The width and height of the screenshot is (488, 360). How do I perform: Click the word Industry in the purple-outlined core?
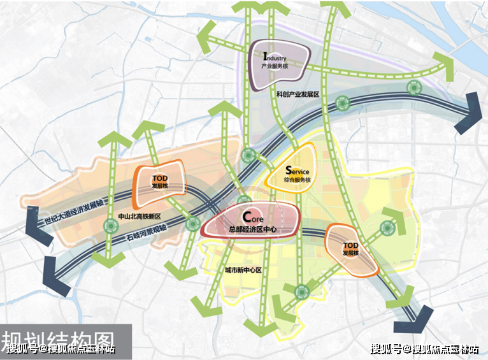pos(278,58)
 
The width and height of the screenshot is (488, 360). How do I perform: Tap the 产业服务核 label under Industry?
pos(277,67)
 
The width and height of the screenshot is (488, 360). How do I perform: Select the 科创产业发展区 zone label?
pos(297,94)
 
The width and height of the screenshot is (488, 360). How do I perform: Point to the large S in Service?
pos(289,170)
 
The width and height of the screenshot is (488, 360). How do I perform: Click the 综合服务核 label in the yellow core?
pos(296,180)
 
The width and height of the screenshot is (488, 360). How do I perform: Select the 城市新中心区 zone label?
pos(243,270)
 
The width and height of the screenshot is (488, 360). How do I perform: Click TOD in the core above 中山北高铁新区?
pos(159,178)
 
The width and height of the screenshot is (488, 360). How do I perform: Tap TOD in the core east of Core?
pos(350,245)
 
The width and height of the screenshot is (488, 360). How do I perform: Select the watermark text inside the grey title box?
pos(61,349)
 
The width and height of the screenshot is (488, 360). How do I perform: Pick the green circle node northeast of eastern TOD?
pos(385,227)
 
